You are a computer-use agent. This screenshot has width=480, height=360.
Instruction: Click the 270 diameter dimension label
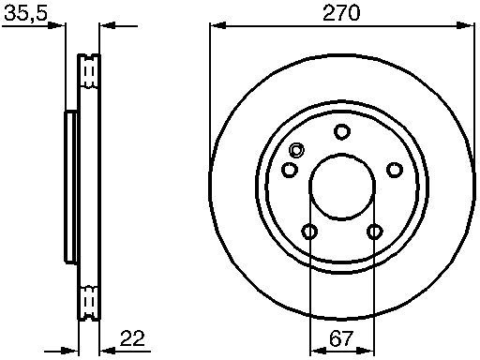click(x=341, y=13)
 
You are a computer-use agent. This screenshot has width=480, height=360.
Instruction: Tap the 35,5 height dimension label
click(x=26, y=13)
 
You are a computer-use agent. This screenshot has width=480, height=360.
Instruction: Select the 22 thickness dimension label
click(x=132, y=338)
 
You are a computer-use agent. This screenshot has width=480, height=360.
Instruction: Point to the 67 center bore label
click(x=341, y=338)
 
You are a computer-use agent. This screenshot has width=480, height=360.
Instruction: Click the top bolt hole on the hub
click(x=342, y=132)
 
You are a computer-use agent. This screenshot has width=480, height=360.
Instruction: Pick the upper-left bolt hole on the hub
click(x=290, y=170)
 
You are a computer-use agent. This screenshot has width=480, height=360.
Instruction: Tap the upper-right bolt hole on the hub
click(x=395, y=170)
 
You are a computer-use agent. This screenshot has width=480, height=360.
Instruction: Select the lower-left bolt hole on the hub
click(x=309, y=232)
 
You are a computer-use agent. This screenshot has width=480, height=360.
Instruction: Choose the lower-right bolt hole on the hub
click(x=374, y=232)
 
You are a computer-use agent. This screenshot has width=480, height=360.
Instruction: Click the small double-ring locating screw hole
click(x=296, y=150)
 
